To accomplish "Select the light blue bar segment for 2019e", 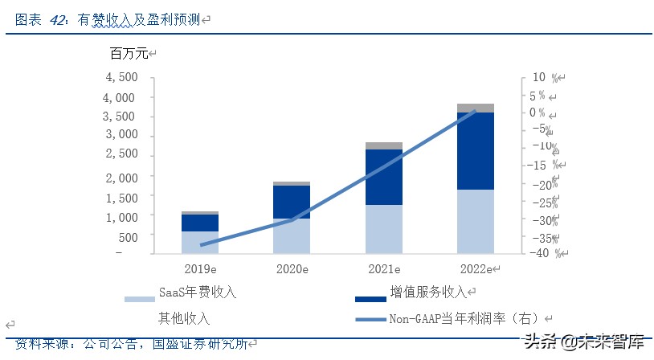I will (200, 243).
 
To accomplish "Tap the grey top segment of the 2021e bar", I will (384, 145).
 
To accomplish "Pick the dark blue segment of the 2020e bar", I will (292, 201).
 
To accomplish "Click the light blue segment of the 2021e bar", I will (384, 229).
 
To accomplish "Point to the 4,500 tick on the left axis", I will (122, 78).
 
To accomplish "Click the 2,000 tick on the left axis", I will (122, 177).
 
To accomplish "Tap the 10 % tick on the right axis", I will (538, 78).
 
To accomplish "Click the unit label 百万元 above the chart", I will (129, 55).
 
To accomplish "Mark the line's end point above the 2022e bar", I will (475, 111).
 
